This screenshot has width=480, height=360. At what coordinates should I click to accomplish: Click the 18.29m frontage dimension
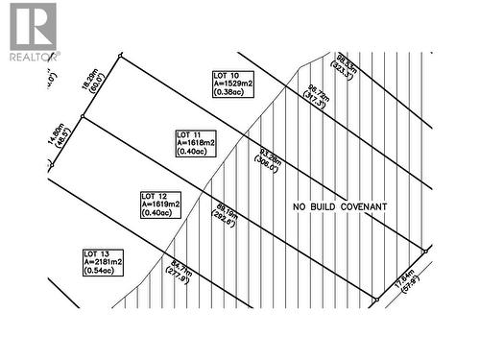pyautogui.click(x=89, y=79)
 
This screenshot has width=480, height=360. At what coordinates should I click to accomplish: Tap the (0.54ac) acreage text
pyautogui.click(x=100, y=272)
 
